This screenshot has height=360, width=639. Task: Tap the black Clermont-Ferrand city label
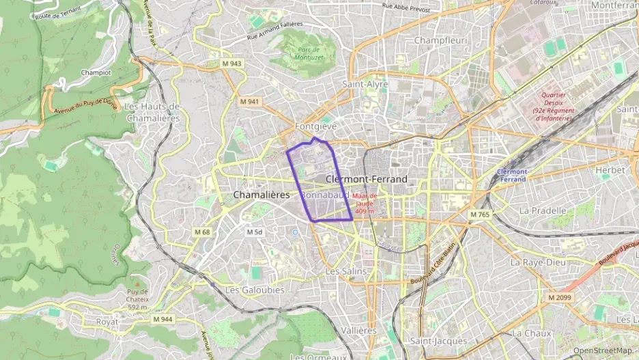[x=367, y=179]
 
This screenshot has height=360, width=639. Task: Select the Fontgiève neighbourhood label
[x=316, y=127]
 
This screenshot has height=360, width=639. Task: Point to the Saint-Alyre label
[x=365, y=85]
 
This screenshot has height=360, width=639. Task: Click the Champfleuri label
[x=440, y=40]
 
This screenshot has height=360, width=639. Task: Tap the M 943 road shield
[x=232, y=64]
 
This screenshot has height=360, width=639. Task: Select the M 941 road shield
[x=250, y=102]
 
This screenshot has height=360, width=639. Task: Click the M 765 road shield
[x=480, y=215]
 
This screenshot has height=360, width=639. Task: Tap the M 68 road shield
[x=202, y=232]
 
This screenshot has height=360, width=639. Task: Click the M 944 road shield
[x=162, y=319]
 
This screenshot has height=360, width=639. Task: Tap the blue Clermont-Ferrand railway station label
[x=513, y=175]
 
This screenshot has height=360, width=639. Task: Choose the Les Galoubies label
[x=255, y=290]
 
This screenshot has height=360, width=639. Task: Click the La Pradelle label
[x=543, y=210]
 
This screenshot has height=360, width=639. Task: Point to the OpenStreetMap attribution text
[x=602, y=351]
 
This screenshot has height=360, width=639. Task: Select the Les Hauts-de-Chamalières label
[x=152, y=112]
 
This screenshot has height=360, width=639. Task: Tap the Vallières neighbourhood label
[x=358, y=330]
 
